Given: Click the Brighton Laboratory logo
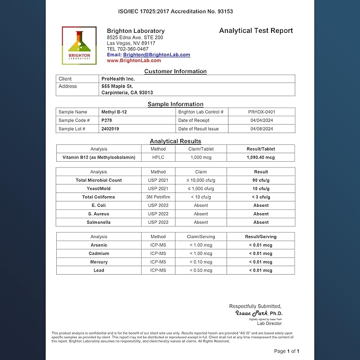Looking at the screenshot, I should click(80, 46).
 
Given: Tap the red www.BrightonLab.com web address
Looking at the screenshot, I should click(134, 61).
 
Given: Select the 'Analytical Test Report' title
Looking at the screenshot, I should click(256, 31).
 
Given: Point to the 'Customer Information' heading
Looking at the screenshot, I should click(175, 71).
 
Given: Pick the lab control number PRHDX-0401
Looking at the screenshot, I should click(261, 112).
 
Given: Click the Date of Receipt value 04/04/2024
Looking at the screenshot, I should click(261, 120).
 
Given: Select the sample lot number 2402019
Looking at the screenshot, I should click(110, 129).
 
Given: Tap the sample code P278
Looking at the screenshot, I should click(107, 120).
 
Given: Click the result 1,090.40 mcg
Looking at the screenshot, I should click(261, 157).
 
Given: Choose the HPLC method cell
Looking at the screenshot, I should click(158, 157).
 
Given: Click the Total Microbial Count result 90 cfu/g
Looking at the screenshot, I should click(261, 180).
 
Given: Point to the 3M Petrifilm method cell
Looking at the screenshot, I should click(158, 197).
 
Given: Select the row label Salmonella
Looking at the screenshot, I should click(99, 222).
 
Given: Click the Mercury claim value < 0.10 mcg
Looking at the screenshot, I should click(201, 262).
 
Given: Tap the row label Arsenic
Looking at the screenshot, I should click(99, 245).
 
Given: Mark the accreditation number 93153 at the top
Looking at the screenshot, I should click(225, 11).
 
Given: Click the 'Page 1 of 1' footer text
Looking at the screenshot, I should click(286, 351).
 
